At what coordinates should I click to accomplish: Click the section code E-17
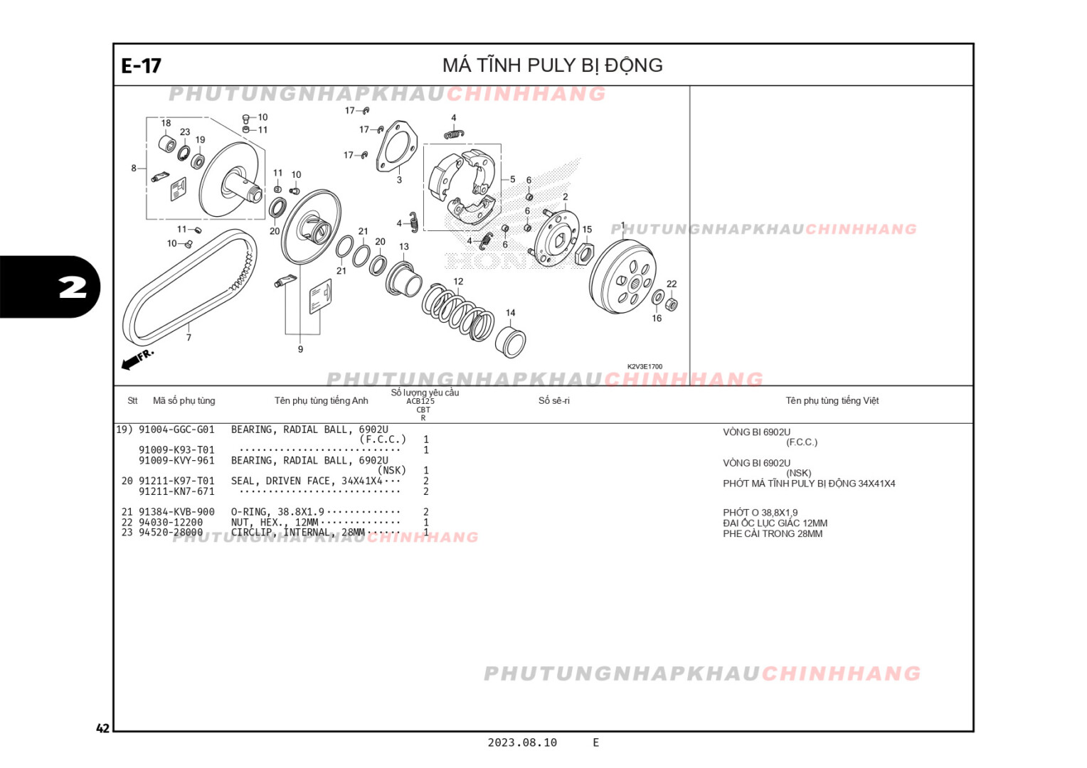tap(141, 66)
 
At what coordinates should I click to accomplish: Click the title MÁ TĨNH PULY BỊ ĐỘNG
tap(552, 65)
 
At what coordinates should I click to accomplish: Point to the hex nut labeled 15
tap(583, 252)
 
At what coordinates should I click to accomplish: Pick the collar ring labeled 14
tap(511, 342)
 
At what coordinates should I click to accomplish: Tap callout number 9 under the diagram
tap(300, 349)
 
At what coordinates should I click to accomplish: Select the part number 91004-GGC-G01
tap(176, 430)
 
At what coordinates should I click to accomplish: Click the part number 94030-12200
tap(171, 522)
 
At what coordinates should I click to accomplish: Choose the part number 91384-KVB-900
tap(176, 512)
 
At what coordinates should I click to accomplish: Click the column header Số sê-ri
tap(553, 401)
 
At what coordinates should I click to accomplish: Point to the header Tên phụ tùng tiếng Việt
tap(832, 401)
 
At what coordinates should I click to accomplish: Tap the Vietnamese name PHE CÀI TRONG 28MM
tap(773, 534)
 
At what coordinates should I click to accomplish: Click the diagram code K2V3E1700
tap(645, 367)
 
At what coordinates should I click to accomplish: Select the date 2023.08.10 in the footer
tap(522, 742)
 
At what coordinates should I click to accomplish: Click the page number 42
tap(103, 728)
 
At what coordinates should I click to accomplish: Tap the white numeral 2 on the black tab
tap(72, 287)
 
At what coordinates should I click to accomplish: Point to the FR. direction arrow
tap(137, 359)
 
